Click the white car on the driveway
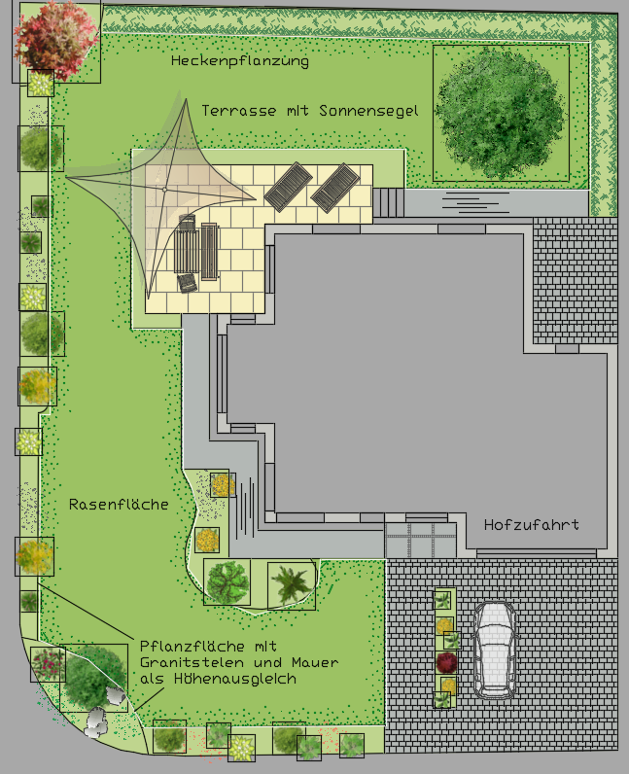[494, 650]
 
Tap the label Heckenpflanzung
[240, 61]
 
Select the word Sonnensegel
[368, 111]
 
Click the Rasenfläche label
[119, 505]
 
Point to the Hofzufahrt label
[531, 525]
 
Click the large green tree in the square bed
[500, 113]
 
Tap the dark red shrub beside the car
[446, 662]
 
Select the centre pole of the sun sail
[164, 190]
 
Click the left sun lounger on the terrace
[289, 187]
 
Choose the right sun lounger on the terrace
[335, 188]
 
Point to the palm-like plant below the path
[292, 585]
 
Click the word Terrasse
[238, 111]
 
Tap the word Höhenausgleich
[235, 680]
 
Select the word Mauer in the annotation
[315, 662]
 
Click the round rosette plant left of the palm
[227, 581]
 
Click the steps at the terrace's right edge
[388, 202]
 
